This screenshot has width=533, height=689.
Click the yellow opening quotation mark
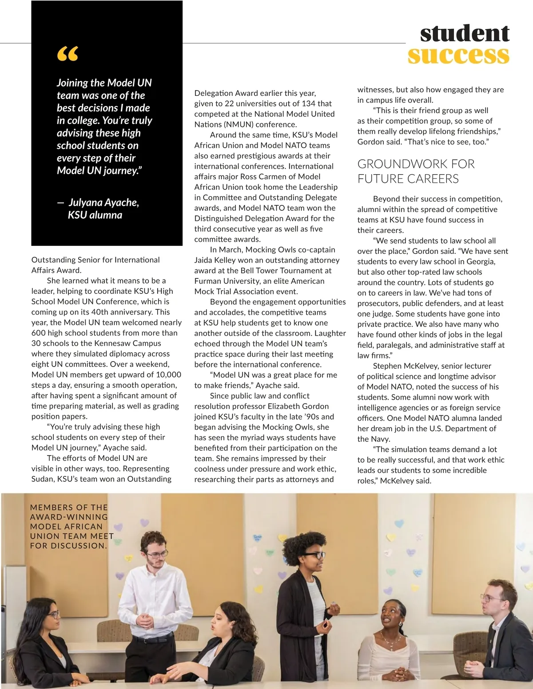pos(68,54)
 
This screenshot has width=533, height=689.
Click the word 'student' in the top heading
pos(465,33)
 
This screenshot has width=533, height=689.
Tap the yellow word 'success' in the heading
pos(458,55)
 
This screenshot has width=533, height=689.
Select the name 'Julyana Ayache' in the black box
pos(103,203)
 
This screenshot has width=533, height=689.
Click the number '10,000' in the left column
pos(168,374)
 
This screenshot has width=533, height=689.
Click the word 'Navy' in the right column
pos(381,439)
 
